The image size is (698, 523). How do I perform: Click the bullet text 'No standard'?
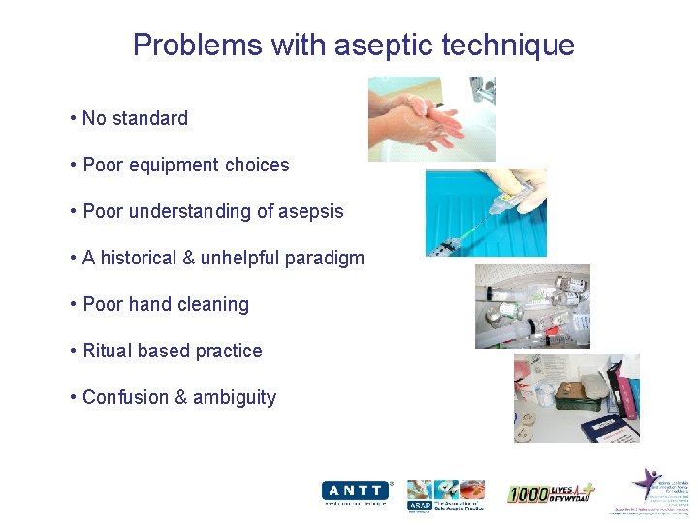click(x=135, y=118)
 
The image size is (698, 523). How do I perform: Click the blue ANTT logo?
click(x=355, y=491)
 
